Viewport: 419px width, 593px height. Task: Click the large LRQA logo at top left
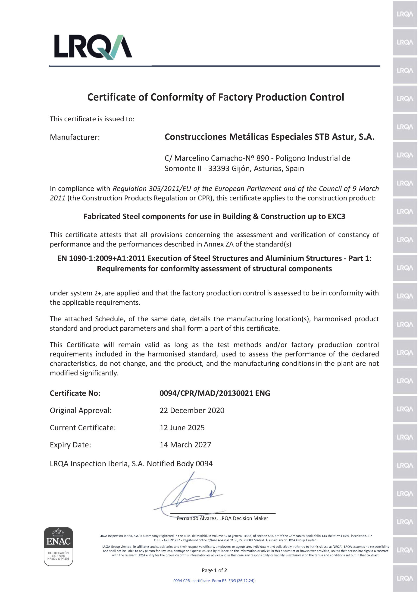[93, 47]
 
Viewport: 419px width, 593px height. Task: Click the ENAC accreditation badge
[58, 546]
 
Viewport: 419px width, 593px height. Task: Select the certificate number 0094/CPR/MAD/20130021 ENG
[215, 393]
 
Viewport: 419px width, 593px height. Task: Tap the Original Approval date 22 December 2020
[192, 410]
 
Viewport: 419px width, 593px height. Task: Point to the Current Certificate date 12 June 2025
[182, 428]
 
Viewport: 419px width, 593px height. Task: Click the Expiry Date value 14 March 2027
[185, 445]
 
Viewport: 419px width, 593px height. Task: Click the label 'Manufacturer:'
[75, 137]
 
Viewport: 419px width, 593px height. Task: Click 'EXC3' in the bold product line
[336, 216]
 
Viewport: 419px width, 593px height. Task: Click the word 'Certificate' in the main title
[112, 97]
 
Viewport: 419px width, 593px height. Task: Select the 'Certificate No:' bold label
[75, 393]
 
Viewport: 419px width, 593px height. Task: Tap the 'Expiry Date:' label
[70, 445]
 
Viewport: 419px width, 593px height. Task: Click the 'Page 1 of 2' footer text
[214, 570]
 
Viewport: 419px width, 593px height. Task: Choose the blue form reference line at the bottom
[214, 580]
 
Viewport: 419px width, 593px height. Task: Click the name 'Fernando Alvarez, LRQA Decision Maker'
[222, 518]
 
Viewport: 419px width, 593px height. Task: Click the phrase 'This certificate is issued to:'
[92, 119]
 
